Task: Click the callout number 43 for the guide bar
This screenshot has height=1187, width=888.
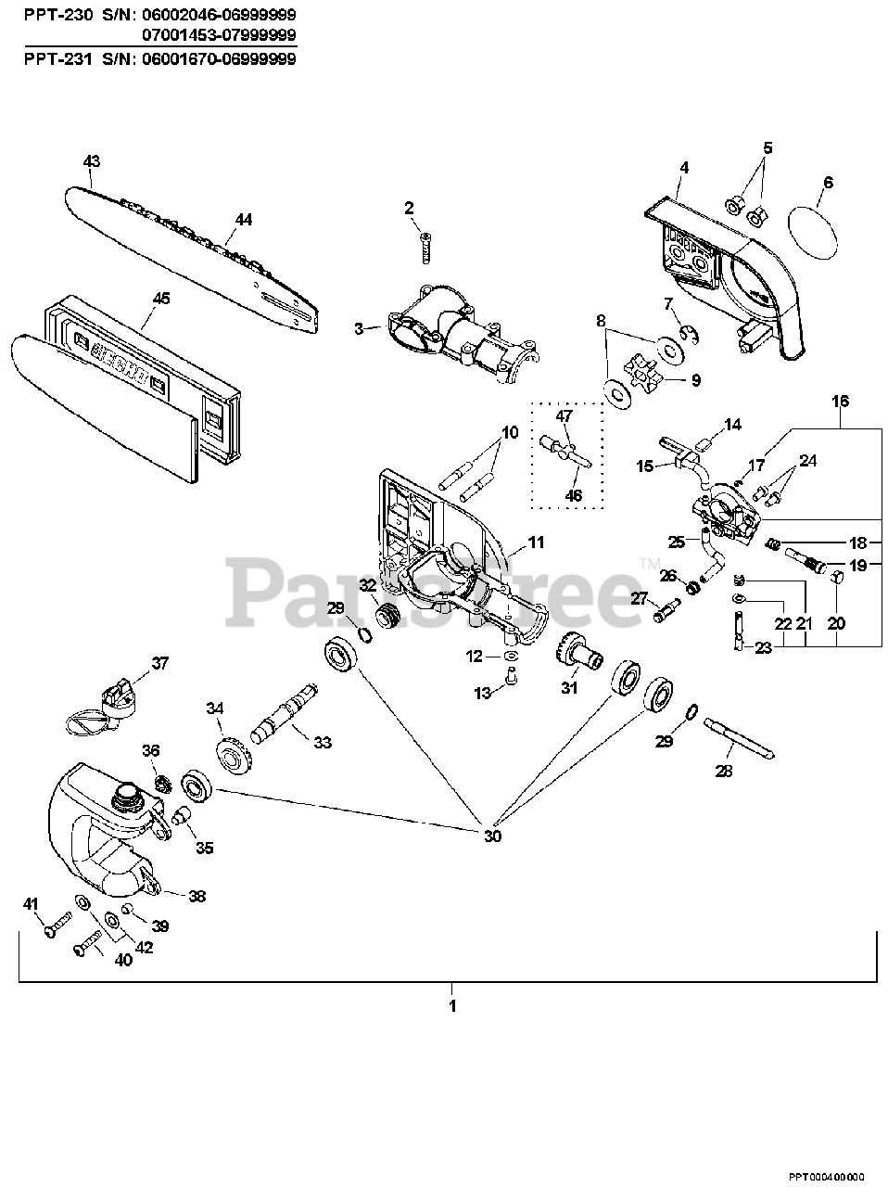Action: [91, 161]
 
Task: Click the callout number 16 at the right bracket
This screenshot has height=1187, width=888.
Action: [840, 401]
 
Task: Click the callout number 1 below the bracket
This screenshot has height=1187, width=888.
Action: [452, 1005]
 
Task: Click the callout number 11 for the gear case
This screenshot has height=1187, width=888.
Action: [536, 542]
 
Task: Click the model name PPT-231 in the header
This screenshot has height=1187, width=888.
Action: [50, 58]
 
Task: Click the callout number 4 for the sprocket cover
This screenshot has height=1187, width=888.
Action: [683, 168]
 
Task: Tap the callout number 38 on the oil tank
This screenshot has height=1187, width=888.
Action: [197, 896]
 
